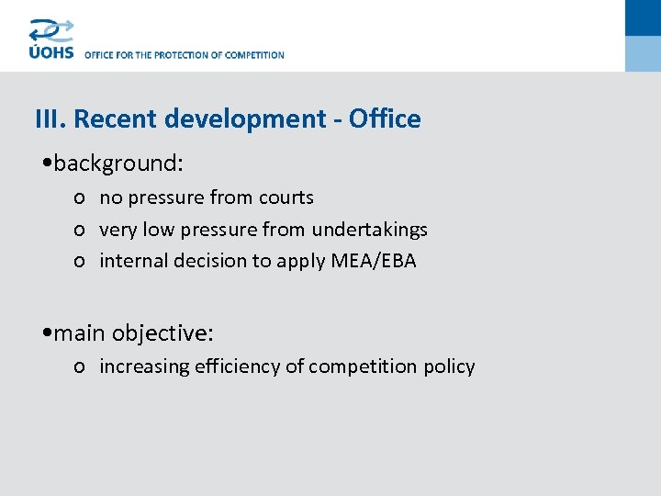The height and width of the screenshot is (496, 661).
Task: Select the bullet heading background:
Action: pos(118,163)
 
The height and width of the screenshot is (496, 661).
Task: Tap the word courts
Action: pos(285,197)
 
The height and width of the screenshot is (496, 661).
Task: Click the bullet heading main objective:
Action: pos(133,333)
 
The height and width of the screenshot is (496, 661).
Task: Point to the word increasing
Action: pos(142,366)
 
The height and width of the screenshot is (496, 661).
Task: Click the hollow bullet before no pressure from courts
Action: pos(81,198)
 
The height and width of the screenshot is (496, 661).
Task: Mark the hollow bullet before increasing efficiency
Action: pos(81,367)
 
